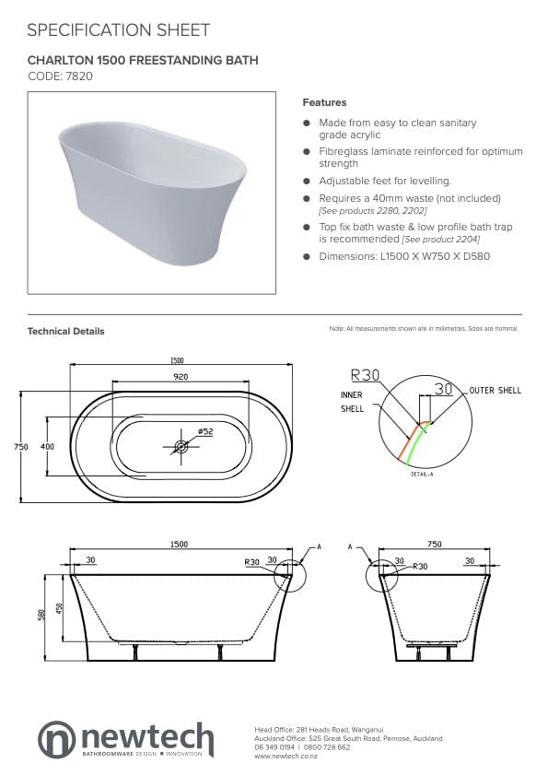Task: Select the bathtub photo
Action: pos(152,194)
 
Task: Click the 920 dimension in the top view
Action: pos(181,377)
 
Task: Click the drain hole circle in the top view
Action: pos(181,447)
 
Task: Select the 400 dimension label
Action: pos(47,446)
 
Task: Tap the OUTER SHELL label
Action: pos(495,391)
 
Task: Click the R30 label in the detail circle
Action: pos(367,375)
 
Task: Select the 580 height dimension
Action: pos(41,616)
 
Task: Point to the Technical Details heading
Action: pos(66,331)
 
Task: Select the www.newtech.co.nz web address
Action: pos(287,756)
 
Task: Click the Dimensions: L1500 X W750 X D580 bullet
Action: pos(403,255)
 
